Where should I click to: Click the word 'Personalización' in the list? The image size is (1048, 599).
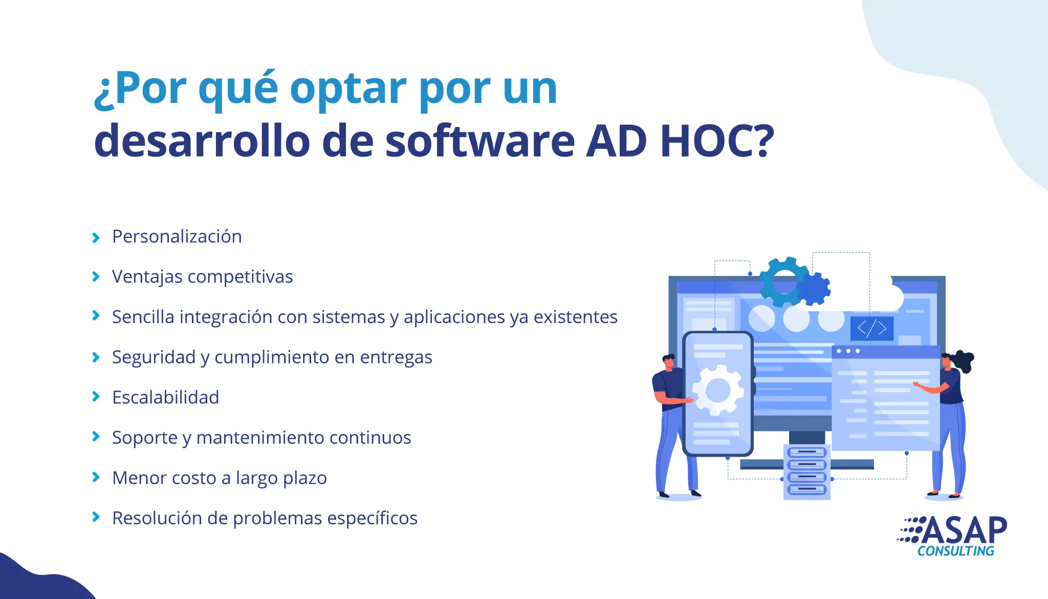(x=177, y=237)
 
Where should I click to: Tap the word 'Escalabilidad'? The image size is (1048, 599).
(x=166, y=397)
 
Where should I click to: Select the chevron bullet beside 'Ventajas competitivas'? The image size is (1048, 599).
(x=96, y=277)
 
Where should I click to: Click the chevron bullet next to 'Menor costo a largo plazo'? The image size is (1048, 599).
(x=96, y=478)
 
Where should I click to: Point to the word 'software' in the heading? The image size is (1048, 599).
(x=480, y=141)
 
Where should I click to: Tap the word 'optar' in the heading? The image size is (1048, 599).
(x=348, y=90)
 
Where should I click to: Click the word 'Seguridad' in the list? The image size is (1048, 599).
(x=154, y=357)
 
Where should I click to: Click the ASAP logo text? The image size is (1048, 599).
(x=965, y=530)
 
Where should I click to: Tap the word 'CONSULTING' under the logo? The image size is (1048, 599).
(x=956, y=551)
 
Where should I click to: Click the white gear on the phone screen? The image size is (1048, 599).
(x=718, y=390)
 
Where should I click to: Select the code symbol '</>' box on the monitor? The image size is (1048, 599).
(x=872, y=328)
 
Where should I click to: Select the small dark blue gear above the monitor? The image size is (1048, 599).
(x=814, y=289)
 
